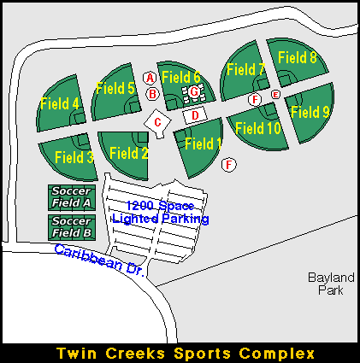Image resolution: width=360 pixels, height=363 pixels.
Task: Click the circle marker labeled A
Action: point(150,78)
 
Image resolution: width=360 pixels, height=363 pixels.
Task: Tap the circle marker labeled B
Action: point(152,94)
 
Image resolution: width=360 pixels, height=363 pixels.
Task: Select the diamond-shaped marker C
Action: point(157,123)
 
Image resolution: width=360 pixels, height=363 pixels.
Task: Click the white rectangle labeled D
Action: point(195,115)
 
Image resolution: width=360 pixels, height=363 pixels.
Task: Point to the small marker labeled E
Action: point(275,94)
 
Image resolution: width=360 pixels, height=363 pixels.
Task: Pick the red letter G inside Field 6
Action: point(194,92)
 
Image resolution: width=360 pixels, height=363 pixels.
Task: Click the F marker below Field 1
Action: point(229,165)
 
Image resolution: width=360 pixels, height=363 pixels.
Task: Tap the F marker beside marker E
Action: point(255,100)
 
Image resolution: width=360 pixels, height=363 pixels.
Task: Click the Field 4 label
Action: point(60,103)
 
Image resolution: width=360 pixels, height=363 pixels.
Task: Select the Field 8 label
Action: point(298,57)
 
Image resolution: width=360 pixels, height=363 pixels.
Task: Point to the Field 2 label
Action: point(129,153)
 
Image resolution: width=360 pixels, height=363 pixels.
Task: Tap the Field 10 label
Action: point(258,128)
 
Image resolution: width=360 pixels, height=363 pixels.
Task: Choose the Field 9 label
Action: point(310,111)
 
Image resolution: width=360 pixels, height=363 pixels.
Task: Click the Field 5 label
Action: point(115,88)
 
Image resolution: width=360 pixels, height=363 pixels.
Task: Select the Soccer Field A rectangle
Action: point(72,197)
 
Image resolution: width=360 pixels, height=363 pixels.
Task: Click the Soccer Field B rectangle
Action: point(72,227)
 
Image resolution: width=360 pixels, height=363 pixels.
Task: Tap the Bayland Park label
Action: point(331,284)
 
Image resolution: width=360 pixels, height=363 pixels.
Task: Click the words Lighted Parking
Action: point(161,219)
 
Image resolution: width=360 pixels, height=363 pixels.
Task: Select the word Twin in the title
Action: point(76,354)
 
